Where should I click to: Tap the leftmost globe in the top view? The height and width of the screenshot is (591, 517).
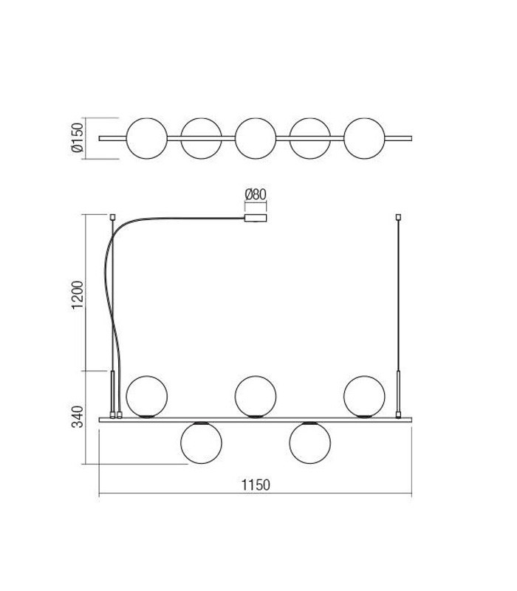click(146, 137)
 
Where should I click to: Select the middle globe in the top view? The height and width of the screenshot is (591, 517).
click(256, 137)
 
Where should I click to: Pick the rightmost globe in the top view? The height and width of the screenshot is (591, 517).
click(364, 137)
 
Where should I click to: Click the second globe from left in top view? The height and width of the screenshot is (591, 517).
click(201, 137)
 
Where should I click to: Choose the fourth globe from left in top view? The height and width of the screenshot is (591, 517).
click(309, 137)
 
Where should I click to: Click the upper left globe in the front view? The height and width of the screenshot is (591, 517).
click(146, 396)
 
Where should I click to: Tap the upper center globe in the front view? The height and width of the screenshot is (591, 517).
click(256, 396)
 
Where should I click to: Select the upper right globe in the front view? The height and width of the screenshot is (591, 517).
click(364, 396)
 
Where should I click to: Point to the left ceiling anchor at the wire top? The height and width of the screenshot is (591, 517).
click(112, 216)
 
